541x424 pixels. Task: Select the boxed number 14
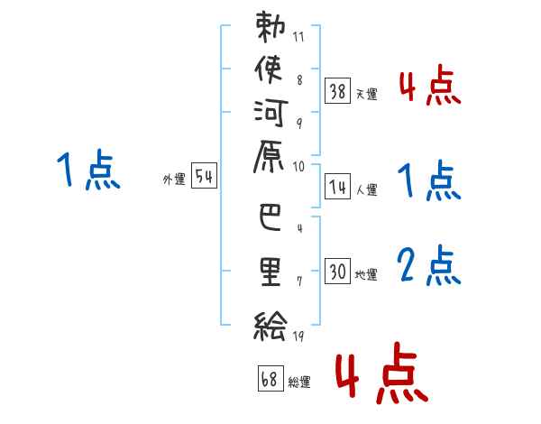[x=337, y=187]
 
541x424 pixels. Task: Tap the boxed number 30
[x=337, y=271]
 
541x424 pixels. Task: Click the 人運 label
[x=366, y=190]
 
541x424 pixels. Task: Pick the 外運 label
[x=174, y=180]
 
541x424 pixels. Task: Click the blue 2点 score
[x=429, y=267]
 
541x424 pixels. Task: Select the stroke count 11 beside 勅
[x=298, y=38]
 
